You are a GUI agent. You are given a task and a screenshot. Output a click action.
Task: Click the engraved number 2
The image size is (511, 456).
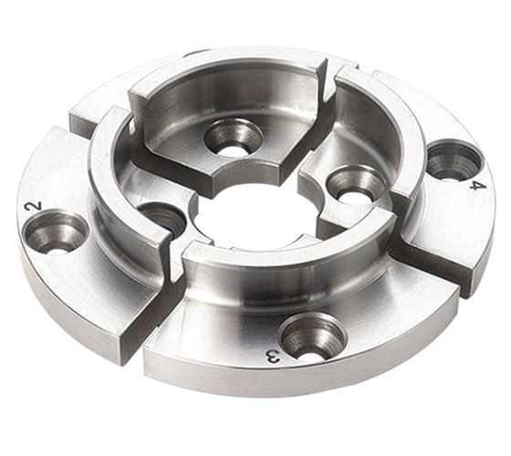point(34,208)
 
